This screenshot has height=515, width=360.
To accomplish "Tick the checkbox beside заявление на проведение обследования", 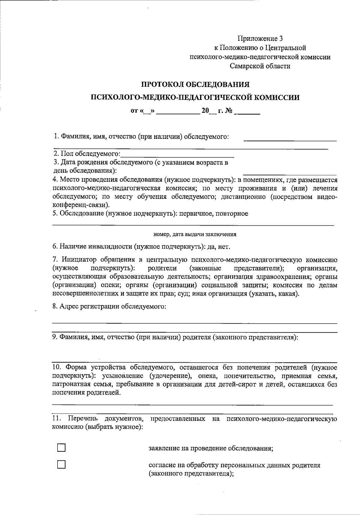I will pyautogui.click(x=61, y=448).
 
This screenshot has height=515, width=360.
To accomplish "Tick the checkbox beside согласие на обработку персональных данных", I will pyautogui.click(x=61, y=465).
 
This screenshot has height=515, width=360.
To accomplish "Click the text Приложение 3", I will pyautogui.click(x=260, y=38).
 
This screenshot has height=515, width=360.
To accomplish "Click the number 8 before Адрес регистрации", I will pyautogui.click(x=54, y=307).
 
